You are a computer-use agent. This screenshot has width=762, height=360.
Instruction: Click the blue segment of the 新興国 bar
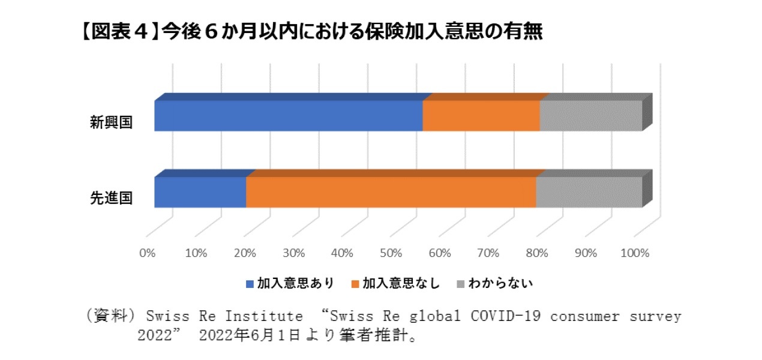pyautogui.click(x=288, y=115)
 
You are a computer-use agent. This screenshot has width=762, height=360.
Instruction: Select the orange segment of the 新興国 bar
pyautogui.click(x=481, y=115)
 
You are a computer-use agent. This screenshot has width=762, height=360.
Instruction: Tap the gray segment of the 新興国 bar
pyautogui.click(x=590, y=115)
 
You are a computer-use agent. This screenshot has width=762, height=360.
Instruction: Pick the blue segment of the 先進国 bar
pyautogui.click(x=200, y=192)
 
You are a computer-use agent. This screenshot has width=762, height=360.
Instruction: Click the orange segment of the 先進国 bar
pyautogui.click(x=391, y=192)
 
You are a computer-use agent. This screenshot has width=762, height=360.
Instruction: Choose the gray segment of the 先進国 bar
pyautogui.click(x=589, y=192)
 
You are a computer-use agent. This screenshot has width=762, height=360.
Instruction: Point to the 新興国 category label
pyautogui.click(x=111, y=123)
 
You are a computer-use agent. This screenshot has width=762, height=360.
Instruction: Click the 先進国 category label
pyautogui.click(x=111, y=199)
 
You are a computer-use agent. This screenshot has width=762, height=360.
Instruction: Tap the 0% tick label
pyautogui.click(x=147, y=253)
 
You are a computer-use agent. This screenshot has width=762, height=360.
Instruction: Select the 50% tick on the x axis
pyautogui.click(x=391, y=253)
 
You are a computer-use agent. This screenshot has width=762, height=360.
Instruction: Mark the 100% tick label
pyautogui.click(x=635, y=253)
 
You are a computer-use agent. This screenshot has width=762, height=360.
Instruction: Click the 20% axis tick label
pyautogui.click(x=245, y=253)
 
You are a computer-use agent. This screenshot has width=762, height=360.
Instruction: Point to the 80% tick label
pyautogui.click(x=538, y=253)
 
